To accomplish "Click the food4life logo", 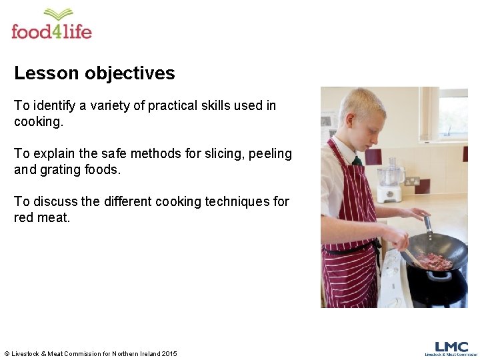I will [x=51, y=25].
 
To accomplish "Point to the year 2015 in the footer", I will [x=169, y=353].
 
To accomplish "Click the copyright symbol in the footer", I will [x=7, y=353].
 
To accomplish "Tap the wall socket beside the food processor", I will [x=412, y=181].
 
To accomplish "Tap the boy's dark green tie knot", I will [x=357, y=160].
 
